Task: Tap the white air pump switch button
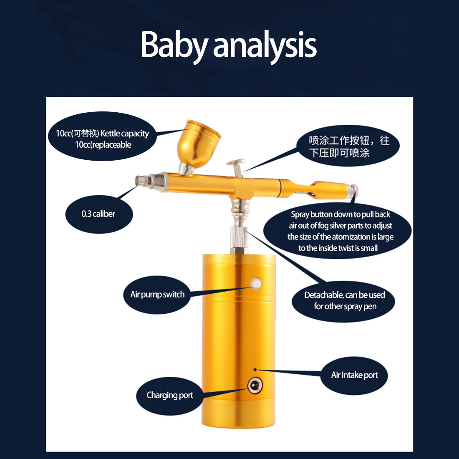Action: click(x=255, y=284)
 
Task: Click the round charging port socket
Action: click(x=255, y=386)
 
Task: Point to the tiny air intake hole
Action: click(x=255, y=370)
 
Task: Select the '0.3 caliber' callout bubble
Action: click(x=99, y=214)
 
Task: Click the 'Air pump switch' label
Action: click(x=157, y=295)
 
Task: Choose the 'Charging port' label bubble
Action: click(x=170, y=396)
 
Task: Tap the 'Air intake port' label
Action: click(x=354, y=375)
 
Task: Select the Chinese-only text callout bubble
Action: click(x=348, y=146)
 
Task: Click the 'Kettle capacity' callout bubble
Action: click(x=102, y=136)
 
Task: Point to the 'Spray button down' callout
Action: click(x=338, y=231)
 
